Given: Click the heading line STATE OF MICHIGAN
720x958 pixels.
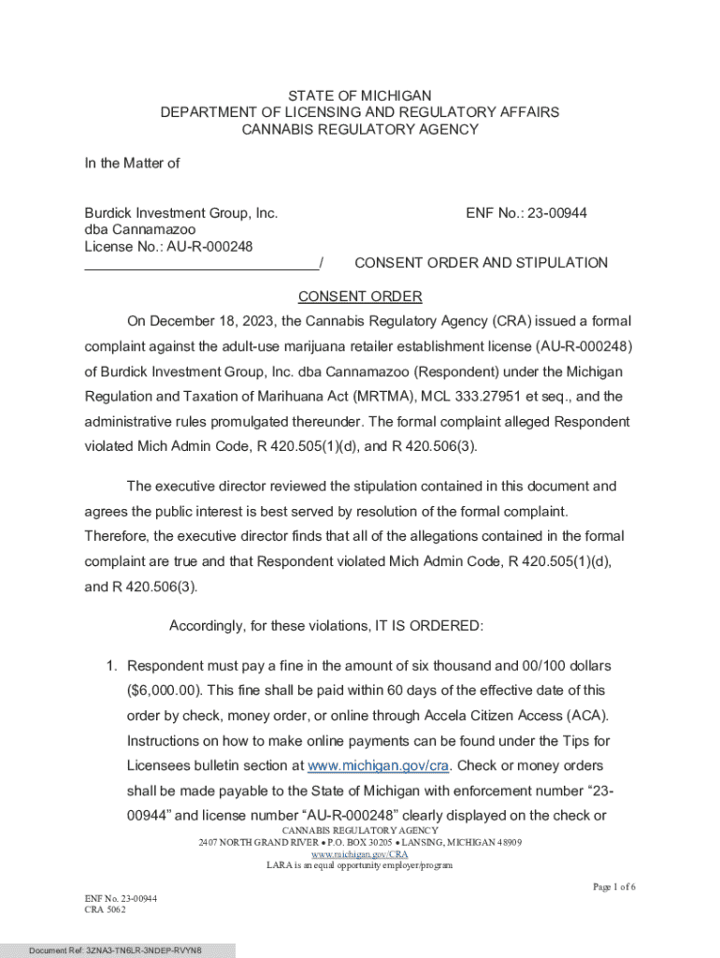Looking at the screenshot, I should click(x=360, y=95).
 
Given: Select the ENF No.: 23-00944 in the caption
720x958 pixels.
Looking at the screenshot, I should click(x=526, y=213).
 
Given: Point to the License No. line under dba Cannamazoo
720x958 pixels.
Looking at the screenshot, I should click(x=169, y=246).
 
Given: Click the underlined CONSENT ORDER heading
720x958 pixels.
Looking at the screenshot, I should click(x=360, y=297).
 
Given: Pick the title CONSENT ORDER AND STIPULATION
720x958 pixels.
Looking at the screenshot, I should click(x=482, y=263).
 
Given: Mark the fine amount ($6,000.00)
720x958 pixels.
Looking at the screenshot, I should click(x=164, y=689).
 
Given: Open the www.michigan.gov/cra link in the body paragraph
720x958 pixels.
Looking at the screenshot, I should click(x=380, y=765).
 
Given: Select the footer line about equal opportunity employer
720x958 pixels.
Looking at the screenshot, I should click(x=360, y=865).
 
